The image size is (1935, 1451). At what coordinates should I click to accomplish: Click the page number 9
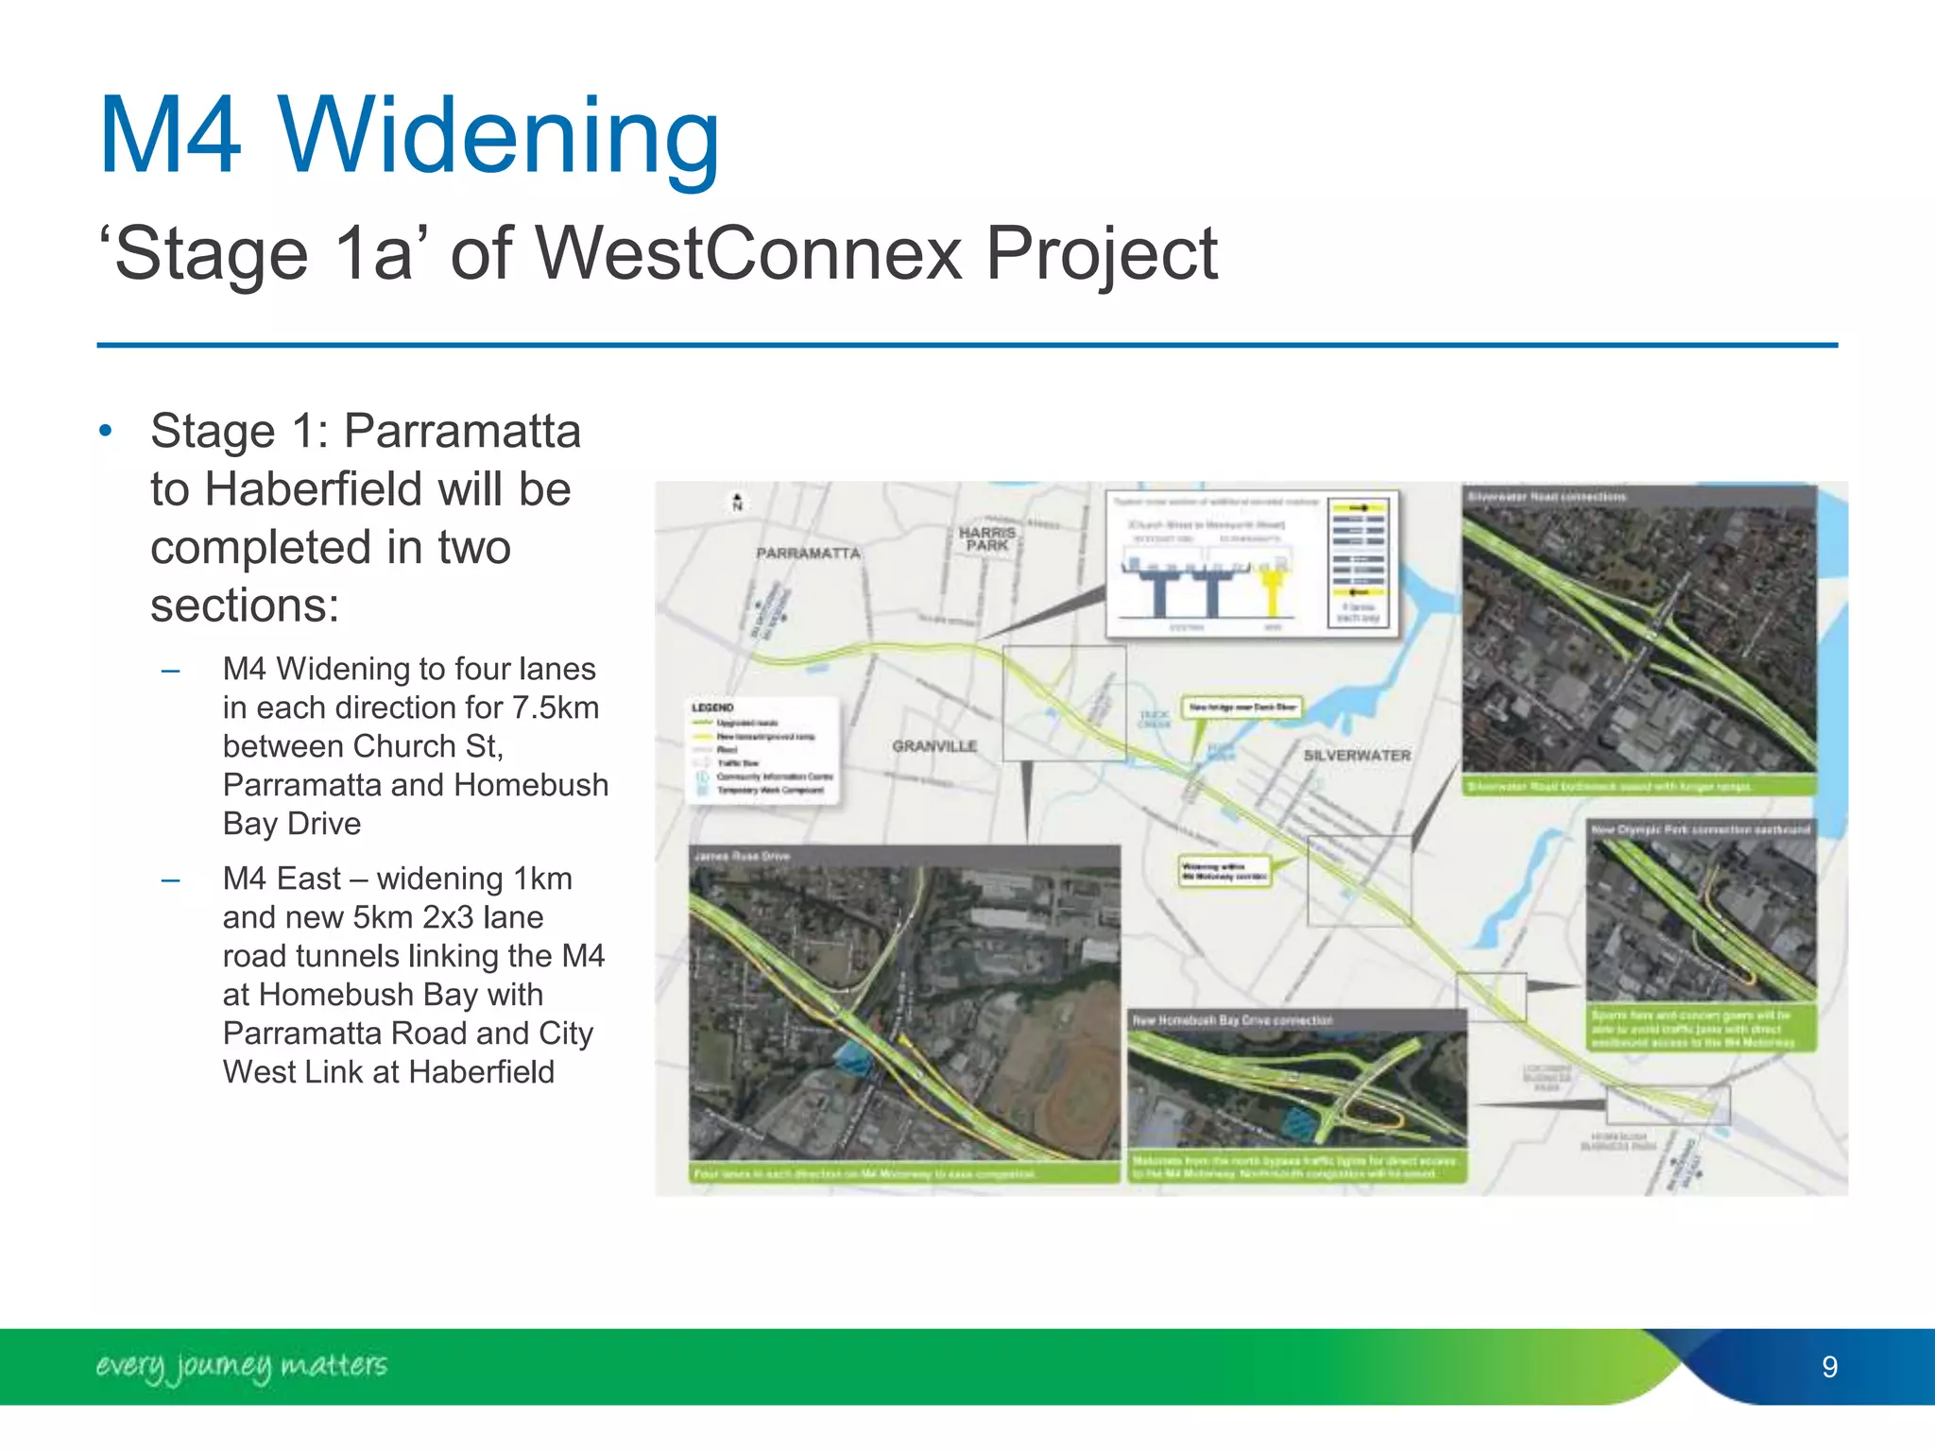[x=1829, y=1367]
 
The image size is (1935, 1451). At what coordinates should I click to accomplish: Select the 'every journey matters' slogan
[x=241, y=1366]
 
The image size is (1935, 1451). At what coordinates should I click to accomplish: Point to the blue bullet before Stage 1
[x=106, y=432]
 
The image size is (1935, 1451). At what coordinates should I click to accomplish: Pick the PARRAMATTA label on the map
[x=808, y=553]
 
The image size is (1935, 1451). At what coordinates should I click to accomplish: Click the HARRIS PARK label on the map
[x=987, y=538]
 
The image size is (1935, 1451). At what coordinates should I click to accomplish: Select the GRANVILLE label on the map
[x=934, y=746]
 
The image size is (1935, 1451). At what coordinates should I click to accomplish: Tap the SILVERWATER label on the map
[x=1357, y=756]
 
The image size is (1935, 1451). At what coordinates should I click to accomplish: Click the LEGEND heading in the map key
[x=712, y=708]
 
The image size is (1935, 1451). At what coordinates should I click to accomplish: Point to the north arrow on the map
[x=738, y=502]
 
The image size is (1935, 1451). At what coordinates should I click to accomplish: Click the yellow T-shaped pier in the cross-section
[x=1274, y=586]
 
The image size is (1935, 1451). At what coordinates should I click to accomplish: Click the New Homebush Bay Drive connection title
[x=1232, y=1020]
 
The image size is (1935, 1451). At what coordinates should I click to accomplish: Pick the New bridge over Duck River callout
[x=1241, y=707]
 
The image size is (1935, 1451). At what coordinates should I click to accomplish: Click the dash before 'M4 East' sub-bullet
[x=171, y=880]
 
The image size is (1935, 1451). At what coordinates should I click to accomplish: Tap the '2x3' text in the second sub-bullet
[x=447, y=917]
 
